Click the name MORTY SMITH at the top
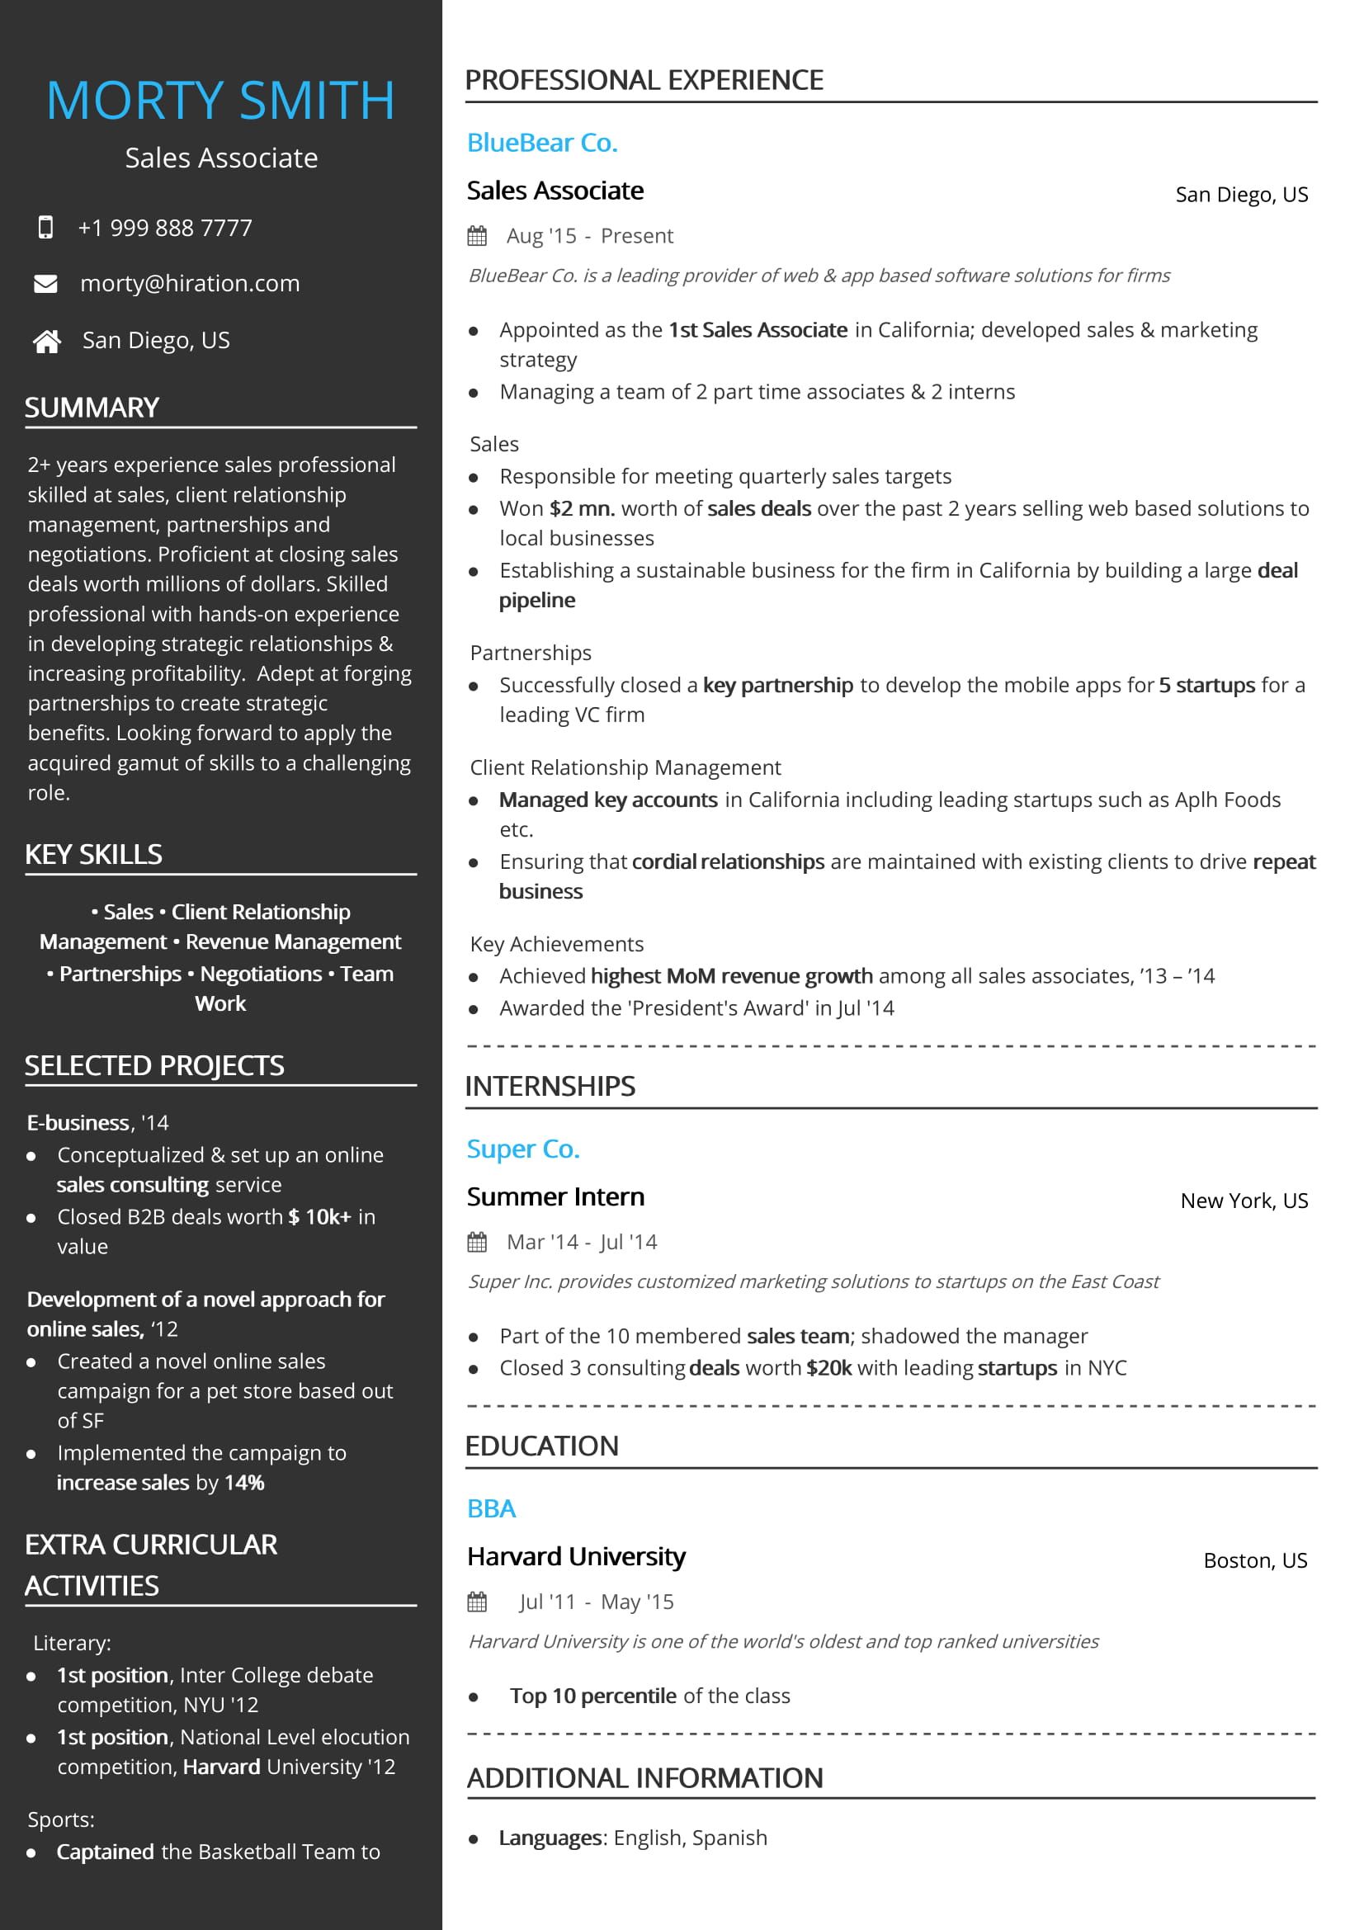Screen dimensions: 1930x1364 click(x=220, y=101)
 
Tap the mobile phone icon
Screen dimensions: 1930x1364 click(x=45, y=227)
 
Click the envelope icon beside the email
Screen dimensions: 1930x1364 click(x=45, y=284)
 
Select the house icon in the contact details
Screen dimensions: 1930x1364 click(x=46, y=341)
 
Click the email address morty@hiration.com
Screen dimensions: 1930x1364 click(x=190, y=284)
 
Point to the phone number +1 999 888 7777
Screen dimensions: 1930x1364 click(x=165, y=228)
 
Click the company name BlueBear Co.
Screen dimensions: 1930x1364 click(x=542, y=143)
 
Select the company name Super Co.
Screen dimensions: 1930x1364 click(x=522, y=1149)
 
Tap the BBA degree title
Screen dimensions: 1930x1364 click(x=491, y=1508)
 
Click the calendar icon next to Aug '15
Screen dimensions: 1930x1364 click(x=476, y=236)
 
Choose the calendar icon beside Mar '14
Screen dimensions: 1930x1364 click(x=476, y=1242)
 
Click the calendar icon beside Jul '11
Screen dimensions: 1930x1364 click(x=476, y=1602)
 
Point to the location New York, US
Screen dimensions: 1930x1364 click(x=1244, y=1201)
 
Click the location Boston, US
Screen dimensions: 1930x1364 click(x=1255, y=1560)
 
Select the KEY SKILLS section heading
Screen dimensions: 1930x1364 click(x=93, y=854)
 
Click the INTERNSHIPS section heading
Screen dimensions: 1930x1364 click(x=550, y=1086)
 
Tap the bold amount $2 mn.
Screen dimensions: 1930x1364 click(x=582, y=508)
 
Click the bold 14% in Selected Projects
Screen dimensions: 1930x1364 click(x=244, y=1482)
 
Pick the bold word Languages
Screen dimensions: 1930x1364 click(x=550, y=1838)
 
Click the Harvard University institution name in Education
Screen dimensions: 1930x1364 click(x=576, y=1557)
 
